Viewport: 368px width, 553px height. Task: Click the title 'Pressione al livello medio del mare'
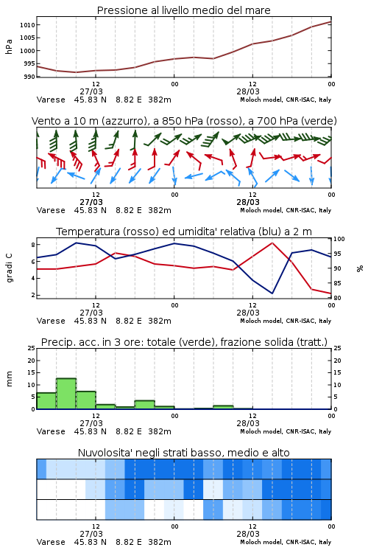(x=183, y=10)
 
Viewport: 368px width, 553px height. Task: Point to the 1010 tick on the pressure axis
(x=27, y=25)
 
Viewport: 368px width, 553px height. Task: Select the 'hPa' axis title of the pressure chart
(x=9, y=46)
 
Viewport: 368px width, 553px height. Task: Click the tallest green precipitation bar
(x=66, y=394)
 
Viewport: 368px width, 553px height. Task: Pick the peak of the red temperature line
(x=272, y=243)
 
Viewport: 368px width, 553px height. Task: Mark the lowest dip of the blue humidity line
(x=272, y=293)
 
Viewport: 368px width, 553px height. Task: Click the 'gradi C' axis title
(x=9, y=268)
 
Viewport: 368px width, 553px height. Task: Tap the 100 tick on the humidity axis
(x=339, y=239)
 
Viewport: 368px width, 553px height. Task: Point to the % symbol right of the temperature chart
(x=360, y=268)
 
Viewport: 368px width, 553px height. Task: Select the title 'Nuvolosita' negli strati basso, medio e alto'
(x=183, y=453)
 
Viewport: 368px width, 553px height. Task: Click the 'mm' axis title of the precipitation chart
(x=9, y=379)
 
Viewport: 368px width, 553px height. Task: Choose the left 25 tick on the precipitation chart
(x=32, y=348)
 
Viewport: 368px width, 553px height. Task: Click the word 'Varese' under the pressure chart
(x=51, y=100)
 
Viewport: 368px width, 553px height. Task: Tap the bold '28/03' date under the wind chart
(x=248, y=203)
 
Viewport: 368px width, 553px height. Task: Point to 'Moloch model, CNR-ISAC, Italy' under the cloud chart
(x=286, y=542)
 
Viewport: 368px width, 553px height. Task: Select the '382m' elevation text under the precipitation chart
(x=160, y=431)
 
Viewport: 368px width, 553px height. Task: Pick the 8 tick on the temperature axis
(x=33, y=245)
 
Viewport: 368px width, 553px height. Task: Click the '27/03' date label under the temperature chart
(x=91, y=313)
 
